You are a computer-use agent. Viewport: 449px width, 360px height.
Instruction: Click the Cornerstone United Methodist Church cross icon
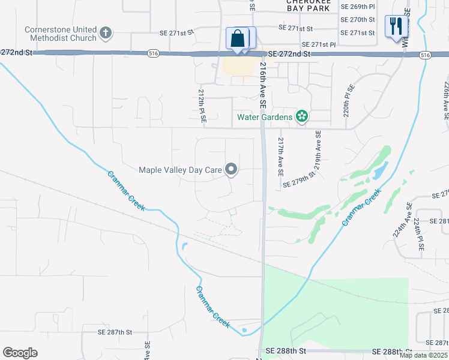pos(106,33)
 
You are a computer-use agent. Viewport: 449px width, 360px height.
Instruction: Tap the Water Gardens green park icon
pos(302,116)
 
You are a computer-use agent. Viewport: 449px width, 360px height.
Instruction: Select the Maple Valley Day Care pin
pos(231,170)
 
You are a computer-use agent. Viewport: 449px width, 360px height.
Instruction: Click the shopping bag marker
pos(238,38)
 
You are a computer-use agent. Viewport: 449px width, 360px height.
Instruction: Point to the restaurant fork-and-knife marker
pos(395,26)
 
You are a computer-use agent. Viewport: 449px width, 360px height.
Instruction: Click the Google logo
pos(20,353)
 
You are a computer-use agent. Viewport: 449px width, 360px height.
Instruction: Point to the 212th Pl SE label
pos(202,107)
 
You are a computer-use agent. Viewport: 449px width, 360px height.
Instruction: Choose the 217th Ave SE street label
pos(280,155)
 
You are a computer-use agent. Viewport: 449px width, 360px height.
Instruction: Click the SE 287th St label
pos(115,332)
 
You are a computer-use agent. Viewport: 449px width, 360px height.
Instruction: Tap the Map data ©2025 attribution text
pos(423,355)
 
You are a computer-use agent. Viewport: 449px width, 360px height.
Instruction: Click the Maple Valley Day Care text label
pos(180,170)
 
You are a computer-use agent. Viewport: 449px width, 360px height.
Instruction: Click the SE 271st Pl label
pos(321,44)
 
